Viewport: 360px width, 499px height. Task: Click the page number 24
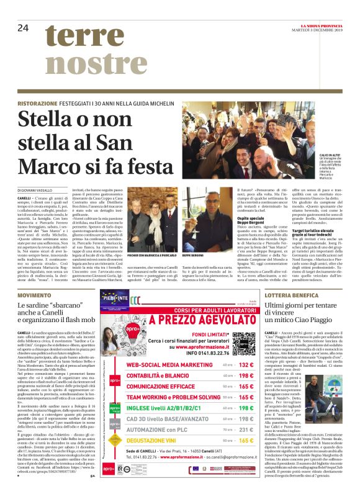click(x=23, y=27)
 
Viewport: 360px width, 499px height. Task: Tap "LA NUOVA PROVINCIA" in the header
click(x=323, y=24)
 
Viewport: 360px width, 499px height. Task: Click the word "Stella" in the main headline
click(x=52, y=122)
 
